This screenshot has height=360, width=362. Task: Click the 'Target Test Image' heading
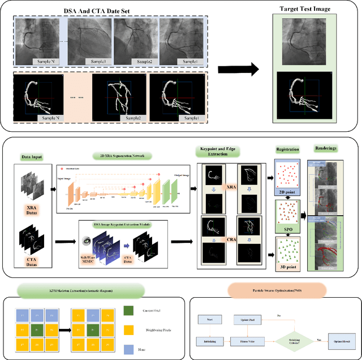tap(306, 10)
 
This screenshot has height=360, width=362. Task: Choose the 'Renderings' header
tap(326, 149)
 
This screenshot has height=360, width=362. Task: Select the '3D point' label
tap(287, 266)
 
